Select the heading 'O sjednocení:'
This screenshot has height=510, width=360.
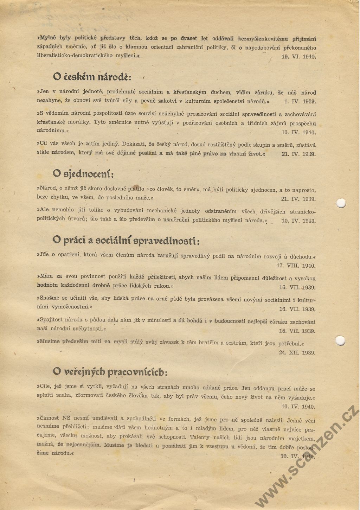(x=83, y=174)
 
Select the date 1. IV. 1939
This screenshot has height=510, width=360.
(x=300, y=102)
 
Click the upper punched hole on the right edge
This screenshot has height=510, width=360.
(x=341, y=203)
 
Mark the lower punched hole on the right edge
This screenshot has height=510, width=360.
(x=340, y=340)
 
